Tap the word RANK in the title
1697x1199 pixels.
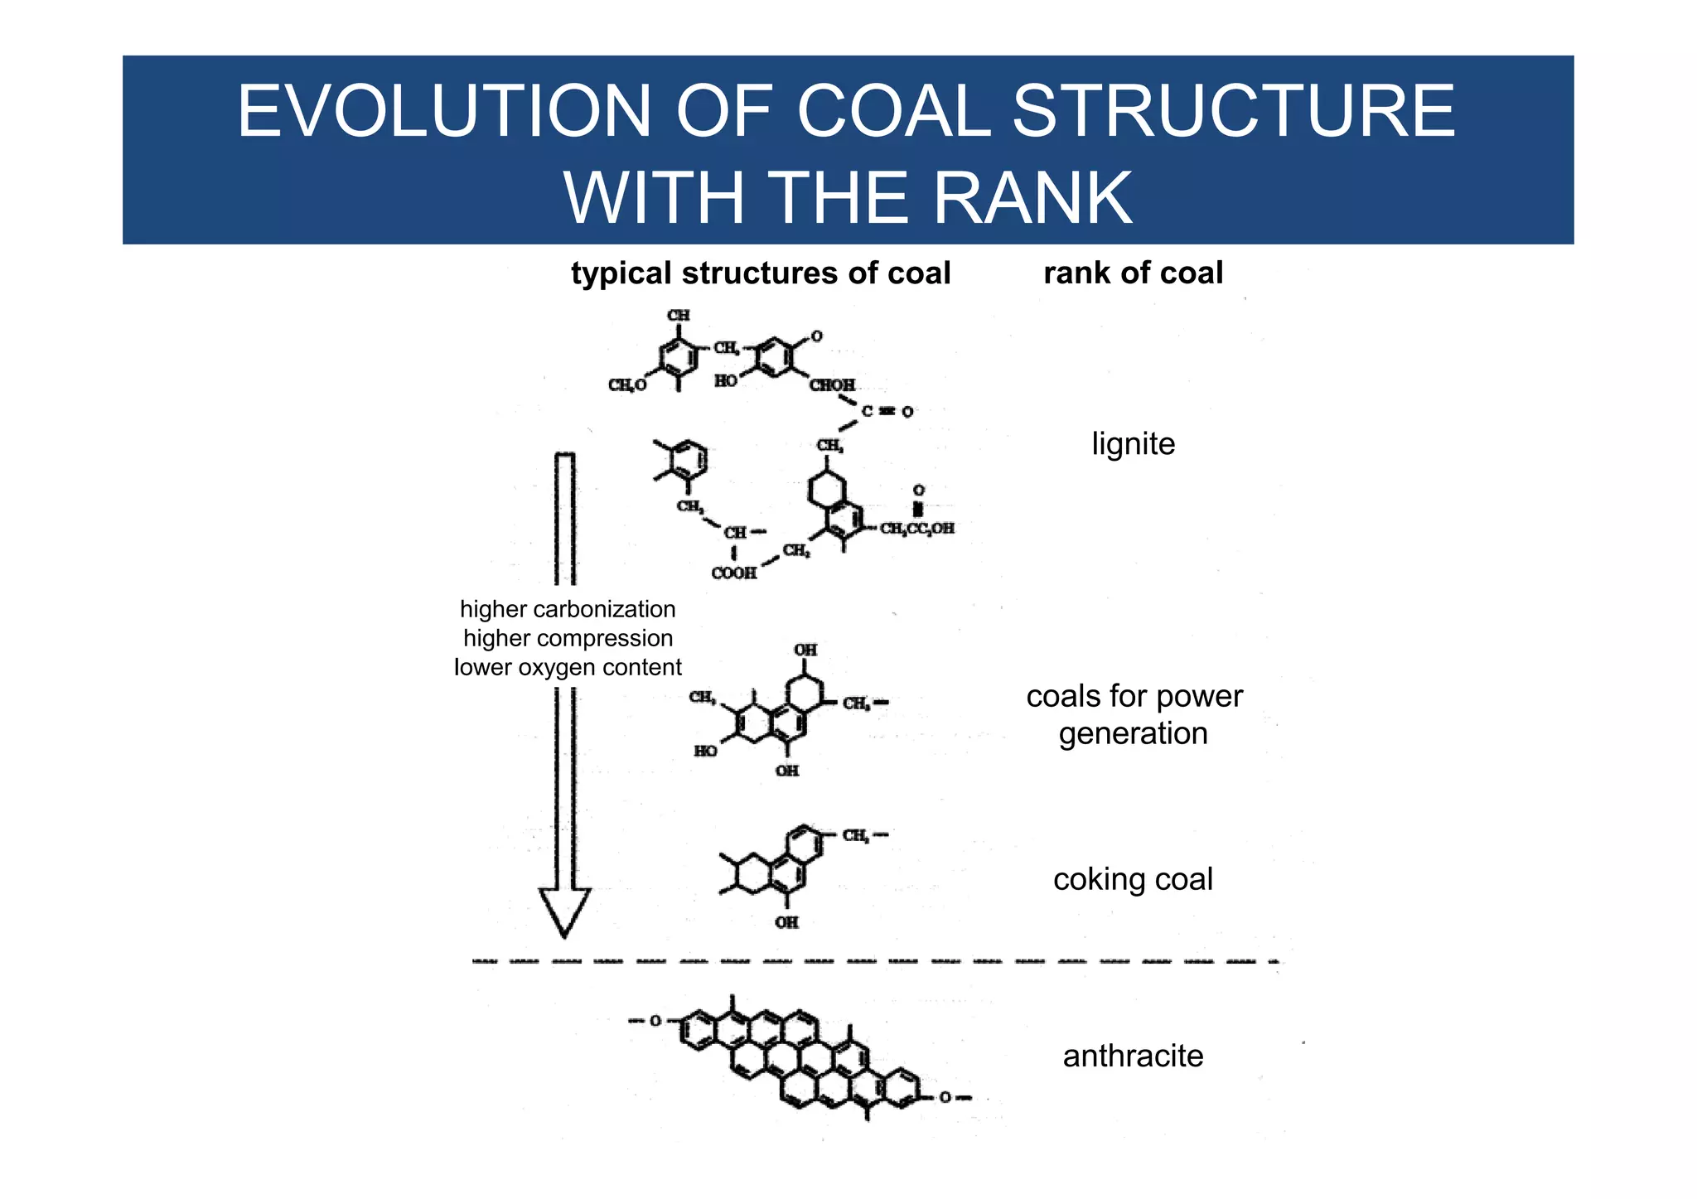pyautogui.click(x=1032, y=199)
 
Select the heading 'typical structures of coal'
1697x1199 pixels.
pyautogui.click(x=760, y=273)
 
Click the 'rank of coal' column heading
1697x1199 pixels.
pyautogui.click(x=1133, y=273)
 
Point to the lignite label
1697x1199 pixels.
pyautogui.click(x=1133, y=444)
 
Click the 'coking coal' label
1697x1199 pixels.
pyautogui.click(x=1133, y=879)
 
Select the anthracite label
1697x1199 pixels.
pyautogui.click(x=1133, y=1056)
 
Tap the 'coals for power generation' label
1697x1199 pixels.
pyautogui.click(x=1134, y=715)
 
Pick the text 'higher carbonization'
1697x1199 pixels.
pyautogui.click(x=568, y=609)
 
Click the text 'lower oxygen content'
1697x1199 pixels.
pyautogui.click(x=568, y=667)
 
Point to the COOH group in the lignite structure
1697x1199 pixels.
pyautogui.click(x=733, y=573)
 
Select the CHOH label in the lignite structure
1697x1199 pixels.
pyautogui.click(x=832, y=385)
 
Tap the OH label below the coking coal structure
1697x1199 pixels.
pyautogui.click(x=786, y=922)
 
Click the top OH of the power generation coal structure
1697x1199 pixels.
pyautogui.click(x=805, y=650)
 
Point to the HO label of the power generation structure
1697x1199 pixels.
pyautogui.click(x=705, y=751)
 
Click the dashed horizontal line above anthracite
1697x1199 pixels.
pyautogui.click(x=874, y=962)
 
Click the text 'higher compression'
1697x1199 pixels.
pyautogui.click(x=568, y=638)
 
